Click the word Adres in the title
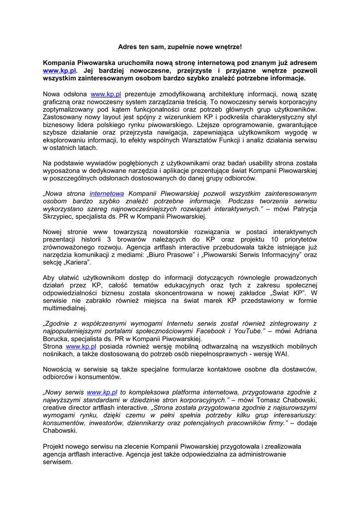(x=127, y=47)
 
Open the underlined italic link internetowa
(x=107, y=193)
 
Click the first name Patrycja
(x=299, y=209)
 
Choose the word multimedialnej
(x=65, y=308)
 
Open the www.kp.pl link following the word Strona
(x=81, y=346)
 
